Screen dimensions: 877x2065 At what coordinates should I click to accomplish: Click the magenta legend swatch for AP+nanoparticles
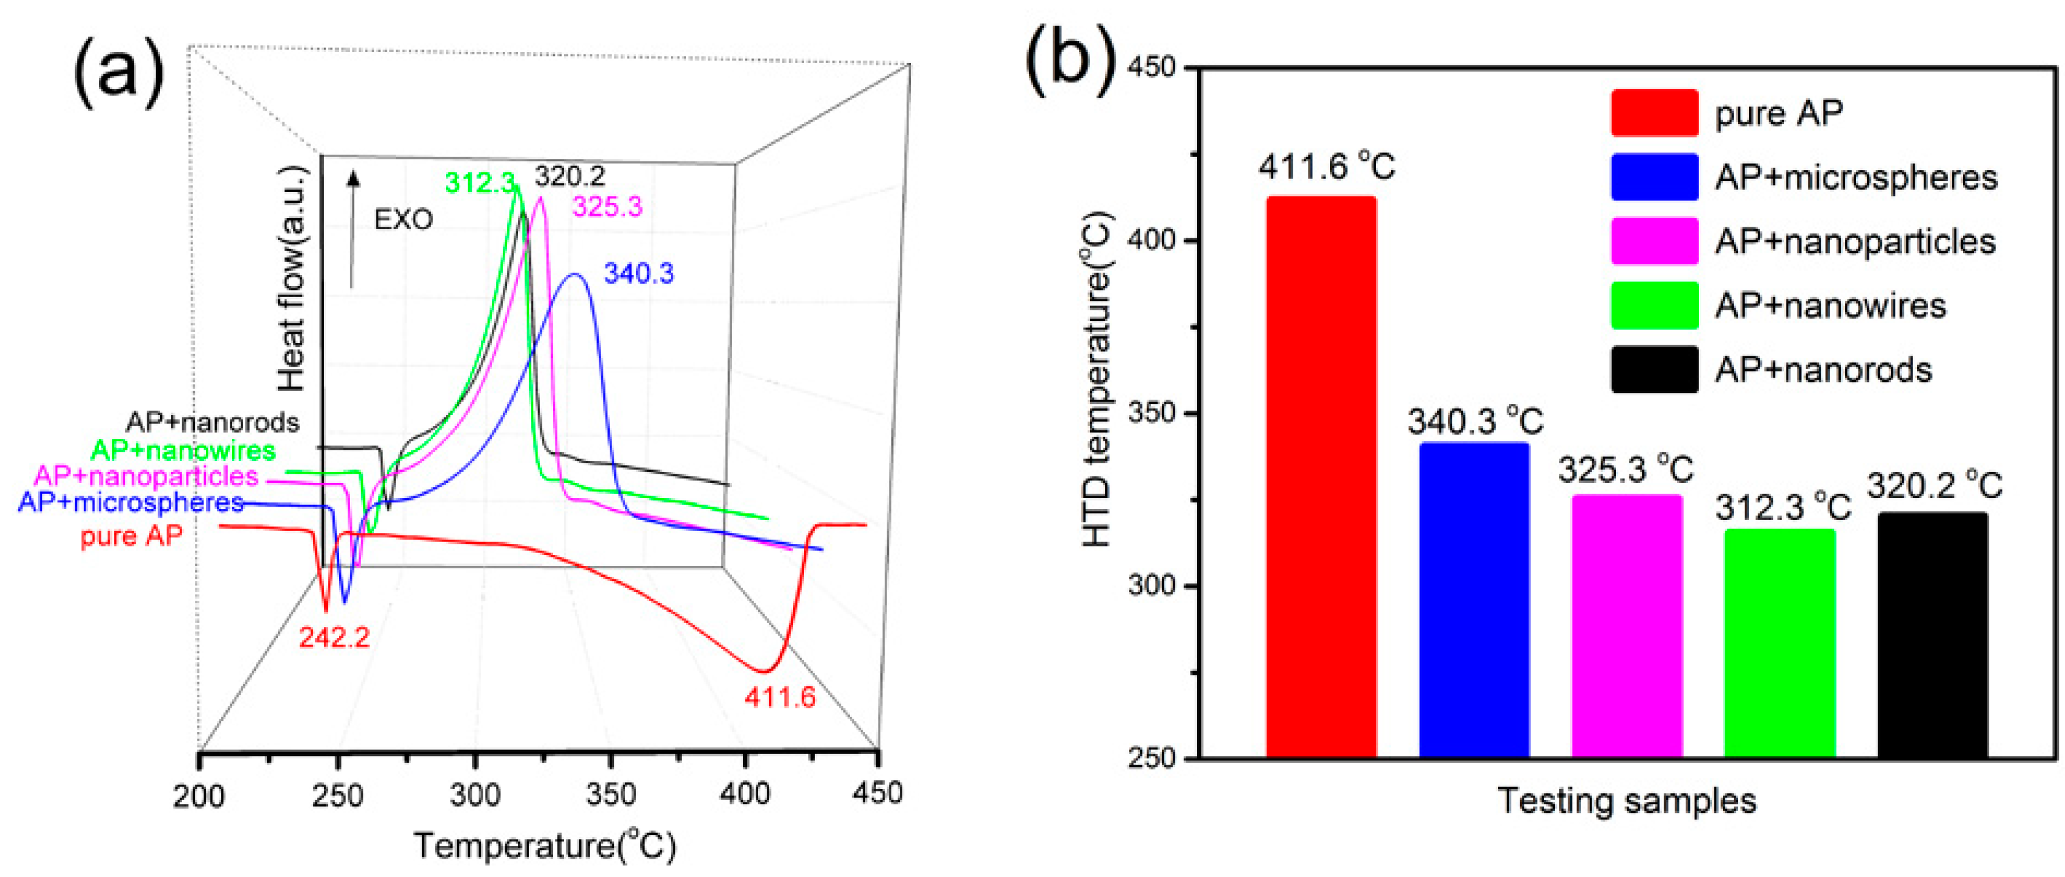[x=1654, y=241]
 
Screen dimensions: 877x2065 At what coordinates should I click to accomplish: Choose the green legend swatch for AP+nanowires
[x=1654, y=306]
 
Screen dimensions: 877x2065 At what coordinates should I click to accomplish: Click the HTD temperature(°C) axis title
[x=1097, y=379]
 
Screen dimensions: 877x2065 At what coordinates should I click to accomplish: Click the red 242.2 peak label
[x=334, y=637]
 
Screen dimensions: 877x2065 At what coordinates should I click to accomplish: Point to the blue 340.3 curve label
[x=639, y=274]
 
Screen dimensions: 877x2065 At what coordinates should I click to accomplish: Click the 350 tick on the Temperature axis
[x=611, y=794]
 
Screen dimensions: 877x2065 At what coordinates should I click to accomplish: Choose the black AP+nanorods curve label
[x=213, y=422]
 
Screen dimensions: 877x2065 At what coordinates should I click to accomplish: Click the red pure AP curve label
[x=131, y=535]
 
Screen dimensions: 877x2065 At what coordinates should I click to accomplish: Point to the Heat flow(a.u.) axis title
[x=292, y=279]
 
